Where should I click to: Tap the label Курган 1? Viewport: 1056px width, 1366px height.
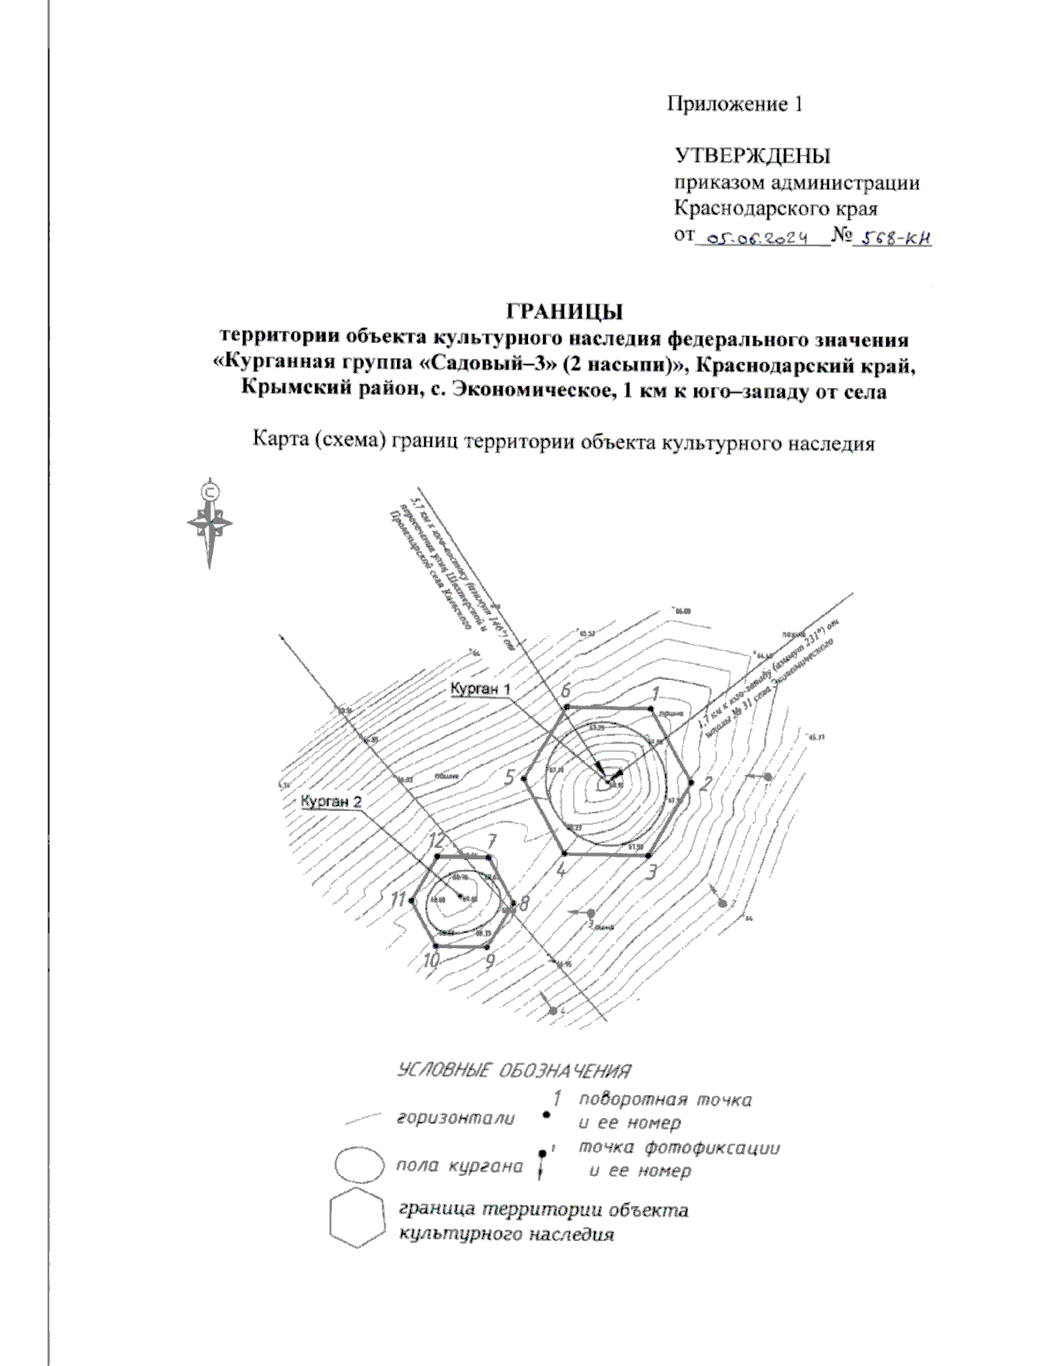[x=480, y=689]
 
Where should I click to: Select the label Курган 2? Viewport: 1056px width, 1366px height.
[x=331, y=801]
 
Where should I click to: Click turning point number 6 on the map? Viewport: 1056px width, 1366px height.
[x=567, y=706]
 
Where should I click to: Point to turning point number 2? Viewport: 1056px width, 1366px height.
[x=693, y=780]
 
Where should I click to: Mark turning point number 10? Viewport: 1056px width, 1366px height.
[x=437, y=946]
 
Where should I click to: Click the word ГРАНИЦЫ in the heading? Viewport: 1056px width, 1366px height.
[x=564, y=312]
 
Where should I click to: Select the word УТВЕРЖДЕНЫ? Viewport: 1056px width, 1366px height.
[x=752, y=157]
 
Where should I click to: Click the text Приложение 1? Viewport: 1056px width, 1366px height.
[x=735, y=105]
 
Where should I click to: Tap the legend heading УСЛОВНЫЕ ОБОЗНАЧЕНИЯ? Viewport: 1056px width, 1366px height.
[x=515, y=1071]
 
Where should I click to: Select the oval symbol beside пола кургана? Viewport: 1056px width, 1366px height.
[x=358, y=1166]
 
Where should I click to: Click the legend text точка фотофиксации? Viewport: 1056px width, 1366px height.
[x=679, y=1148]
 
